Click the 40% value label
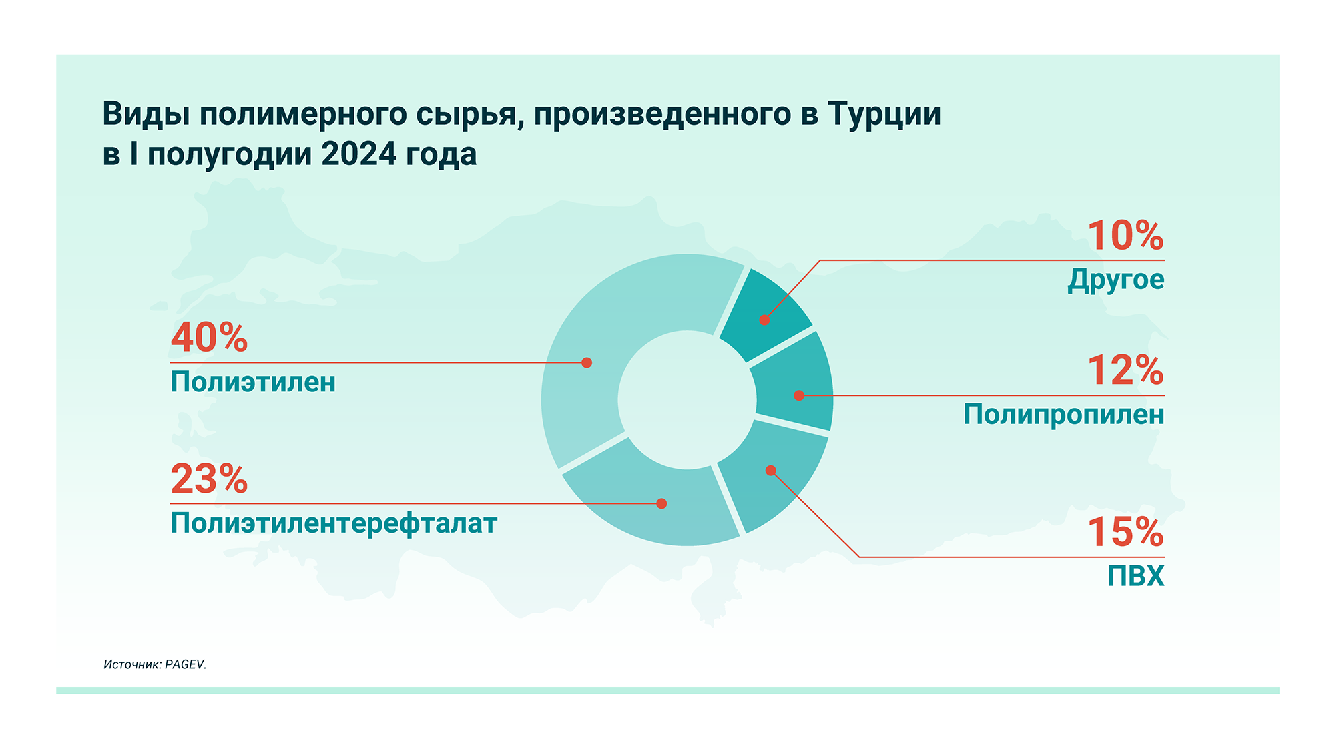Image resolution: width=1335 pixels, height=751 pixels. coord(209,337)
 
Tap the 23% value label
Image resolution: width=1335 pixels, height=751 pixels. coord(209,479)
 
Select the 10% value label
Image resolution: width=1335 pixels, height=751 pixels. coord(1126,235)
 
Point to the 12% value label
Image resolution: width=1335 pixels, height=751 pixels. coord(1126,370)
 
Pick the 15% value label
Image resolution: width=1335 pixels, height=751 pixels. coord(1126,532)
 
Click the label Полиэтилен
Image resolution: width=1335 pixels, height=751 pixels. coord(253,382)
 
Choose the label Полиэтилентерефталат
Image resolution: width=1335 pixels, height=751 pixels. coord(334,523)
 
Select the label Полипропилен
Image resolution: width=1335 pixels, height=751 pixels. coord(1064,415)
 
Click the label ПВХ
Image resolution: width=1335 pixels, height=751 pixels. coord(1136,575)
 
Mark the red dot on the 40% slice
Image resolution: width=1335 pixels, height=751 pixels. coord(587,363)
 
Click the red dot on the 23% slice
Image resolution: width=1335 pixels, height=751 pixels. coord(661,503)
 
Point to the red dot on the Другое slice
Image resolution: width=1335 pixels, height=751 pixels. coord(764,320)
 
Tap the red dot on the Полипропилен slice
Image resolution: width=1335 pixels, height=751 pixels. coord(798,395)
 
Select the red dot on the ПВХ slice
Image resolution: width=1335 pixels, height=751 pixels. coord(771,471)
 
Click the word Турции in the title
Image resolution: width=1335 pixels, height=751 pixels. coord(884,114)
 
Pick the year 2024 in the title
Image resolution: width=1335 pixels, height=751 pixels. coord(359,154)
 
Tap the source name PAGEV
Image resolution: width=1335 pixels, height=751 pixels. coord(186,664)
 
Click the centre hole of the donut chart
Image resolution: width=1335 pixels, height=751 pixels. coord(687,400)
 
